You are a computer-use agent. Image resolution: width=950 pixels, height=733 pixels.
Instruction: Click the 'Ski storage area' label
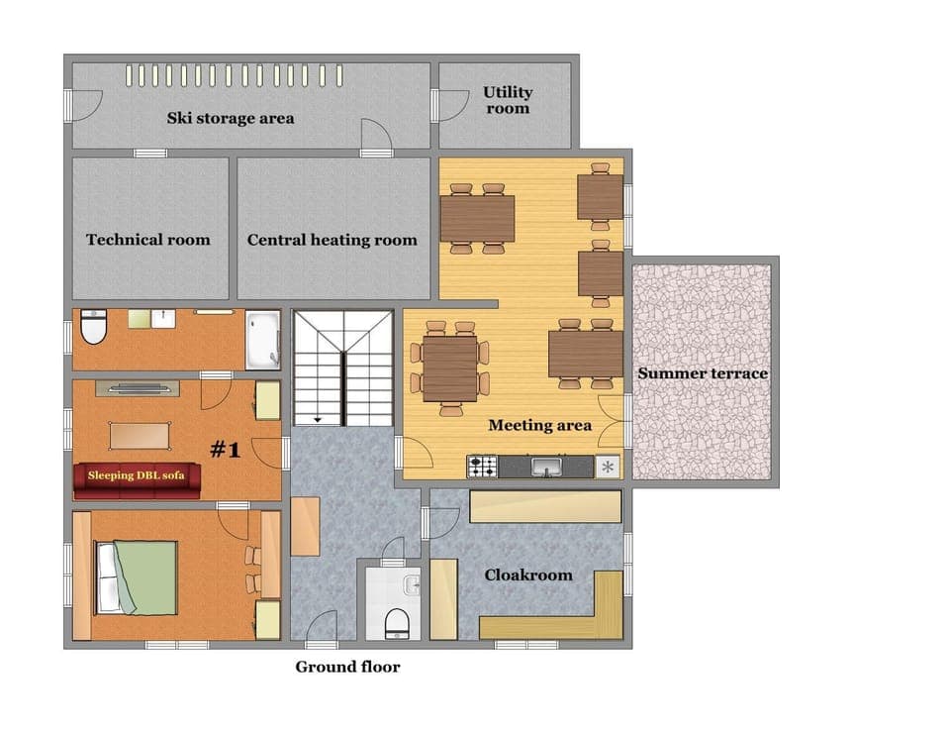(x=230, y=118)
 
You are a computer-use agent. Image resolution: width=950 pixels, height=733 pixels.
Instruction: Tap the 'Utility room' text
(x=508, y=100)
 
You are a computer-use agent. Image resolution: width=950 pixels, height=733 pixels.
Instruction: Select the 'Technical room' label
(x=148, y=240)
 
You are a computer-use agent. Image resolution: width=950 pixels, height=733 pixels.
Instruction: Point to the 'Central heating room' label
(x=332, y=240)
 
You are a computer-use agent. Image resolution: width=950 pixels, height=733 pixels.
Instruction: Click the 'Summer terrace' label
(x=703, y=373)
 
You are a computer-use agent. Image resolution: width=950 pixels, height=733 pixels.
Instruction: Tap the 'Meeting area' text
(x=539, y=426)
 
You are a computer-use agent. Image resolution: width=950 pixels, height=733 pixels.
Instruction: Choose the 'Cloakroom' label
(x=528, y=576)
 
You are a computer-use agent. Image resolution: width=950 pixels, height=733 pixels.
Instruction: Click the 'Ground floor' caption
(x=347, y=667)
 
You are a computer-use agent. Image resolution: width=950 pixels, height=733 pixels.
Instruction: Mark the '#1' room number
(x=226, y=451)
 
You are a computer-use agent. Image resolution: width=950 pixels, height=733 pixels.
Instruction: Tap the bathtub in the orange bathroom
(x=263, y=338)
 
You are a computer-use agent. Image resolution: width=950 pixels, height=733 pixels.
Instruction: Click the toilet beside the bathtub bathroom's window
(x=94, y=327)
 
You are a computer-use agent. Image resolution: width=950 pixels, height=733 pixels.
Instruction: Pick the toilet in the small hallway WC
(x=396, y=622)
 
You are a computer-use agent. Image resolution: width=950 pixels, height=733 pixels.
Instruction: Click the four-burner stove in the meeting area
(x=482, y=466)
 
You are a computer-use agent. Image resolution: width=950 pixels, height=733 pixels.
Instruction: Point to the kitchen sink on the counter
(x=545, y=466)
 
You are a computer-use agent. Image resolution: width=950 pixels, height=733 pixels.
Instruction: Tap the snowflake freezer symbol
(x=608, y=467)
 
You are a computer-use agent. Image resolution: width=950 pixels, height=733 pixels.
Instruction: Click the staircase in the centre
(x=342, y=366)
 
